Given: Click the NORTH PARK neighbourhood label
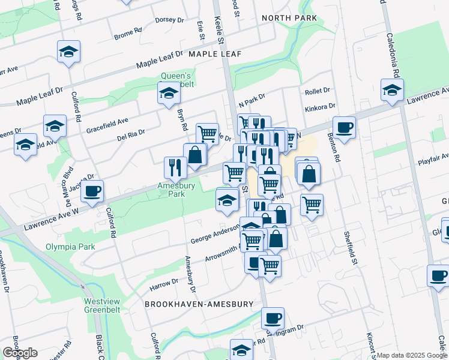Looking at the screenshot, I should pyautogui.click(x=289, y=19).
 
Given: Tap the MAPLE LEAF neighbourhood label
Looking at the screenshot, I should pyautogui.click(x=215, y=54).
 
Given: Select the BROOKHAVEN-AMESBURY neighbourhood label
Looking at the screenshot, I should pyautogui.click(x=199, y=304).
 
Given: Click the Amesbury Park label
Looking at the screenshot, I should pyautogui.click(x=176, y=190).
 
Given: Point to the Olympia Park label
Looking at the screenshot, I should pyautogui.click(x=71, y=247).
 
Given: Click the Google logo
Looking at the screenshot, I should pyautogui.click(x=20, y=353).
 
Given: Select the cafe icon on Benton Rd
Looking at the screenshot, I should pyautogui.click(x=344, y=127).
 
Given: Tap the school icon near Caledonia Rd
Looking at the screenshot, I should pyautogui.click(x=392, y=90).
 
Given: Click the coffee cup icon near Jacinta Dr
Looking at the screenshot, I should pyautogui.click(x=92, y=191).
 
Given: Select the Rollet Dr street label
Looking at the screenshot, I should pyautogui.click(x=318, y=91).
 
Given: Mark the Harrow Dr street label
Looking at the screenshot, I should pyautogui.click(x=164, y=281).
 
